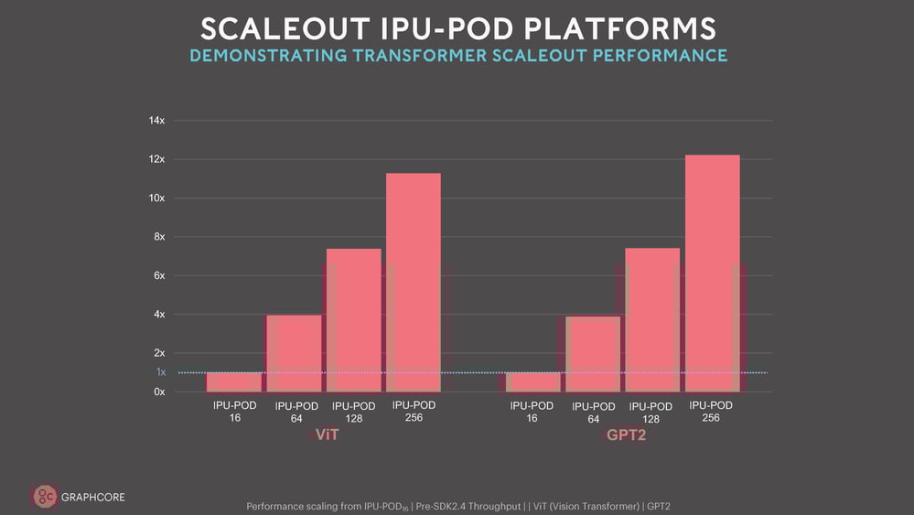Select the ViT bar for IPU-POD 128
354,319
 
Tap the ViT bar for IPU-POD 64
294,353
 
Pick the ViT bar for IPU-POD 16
233,381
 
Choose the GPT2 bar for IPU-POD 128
653,319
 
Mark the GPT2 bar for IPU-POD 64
593,354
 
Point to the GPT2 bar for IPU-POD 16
532,381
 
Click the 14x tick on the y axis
156,121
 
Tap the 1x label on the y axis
161,372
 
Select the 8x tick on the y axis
159,237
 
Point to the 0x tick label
159,392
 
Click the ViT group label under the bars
327,435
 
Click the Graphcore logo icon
44,497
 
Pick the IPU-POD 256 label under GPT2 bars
711,412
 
